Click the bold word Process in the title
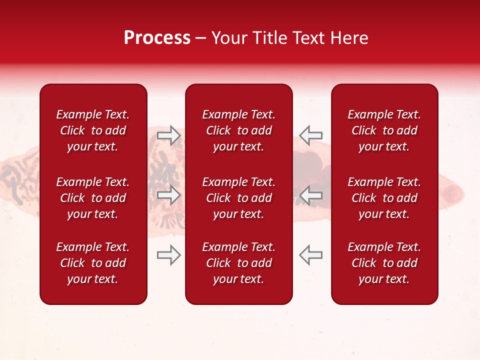click(x=157, y=38)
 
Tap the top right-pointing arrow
click(x=169, y=135)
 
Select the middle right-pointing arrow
click(x=169, y=195)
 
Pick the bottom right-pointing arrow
click(x=169, y=255)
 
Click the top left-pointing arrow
click(x=310, y=135)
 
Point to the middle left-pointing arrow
click(x=310, y=195)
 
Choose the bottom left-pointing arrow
click(x=310, y=255)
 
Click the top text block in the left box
click(x=93, y=130)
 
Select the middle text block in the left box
click(x=93, y=198)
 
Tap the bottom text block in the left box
click(x=93, y=263)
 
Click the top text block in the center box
click(x=238, y=130)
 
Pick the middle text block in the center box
click(x=238, y=198)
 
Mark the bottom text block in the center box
click(x=238, y=263)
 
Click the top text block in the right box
click(x=384, y=130)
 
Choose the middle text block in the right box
click(x=384, y=198)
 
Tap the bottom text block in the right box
click(x=384, y=263)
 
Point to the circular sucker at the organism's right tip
click(x=453, y=193)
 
